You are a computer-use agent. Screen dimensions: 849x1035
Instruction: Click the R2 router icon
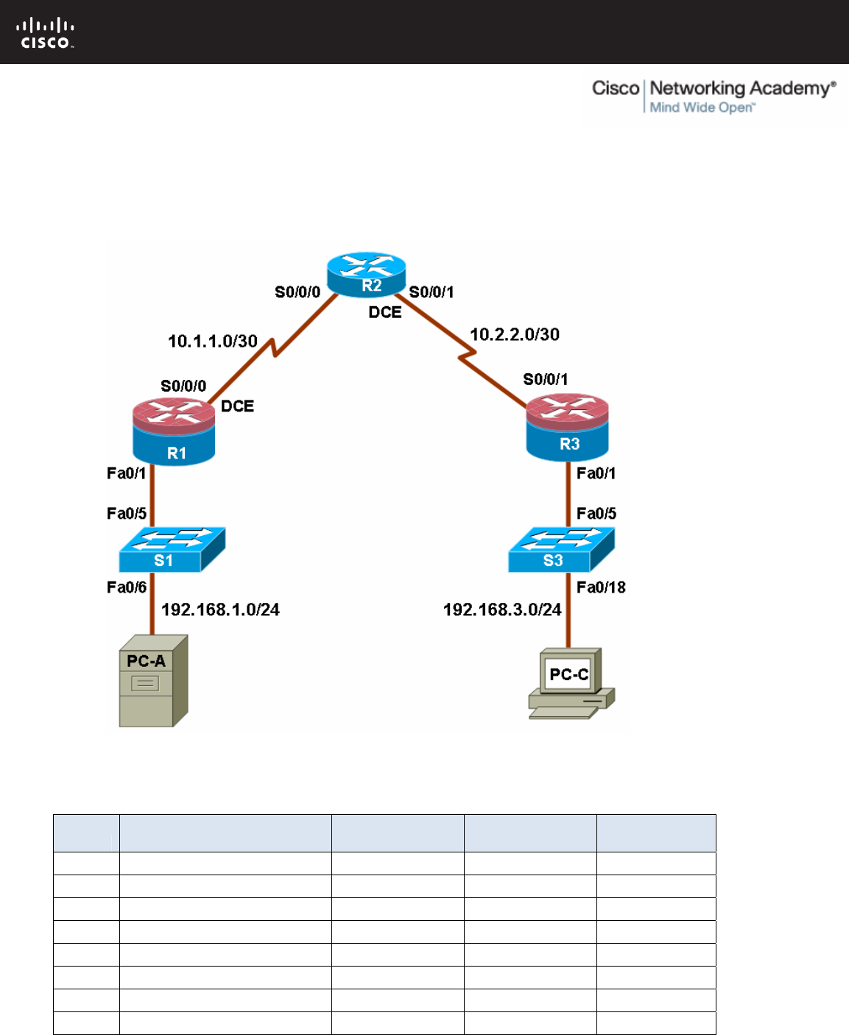click(x=366, y=275)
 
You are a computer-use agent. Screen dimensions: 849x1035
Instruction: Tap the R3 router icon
click(x=567, y=427)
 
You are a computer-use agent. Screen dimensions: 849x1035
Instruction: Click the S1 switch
click(x=172, y=549)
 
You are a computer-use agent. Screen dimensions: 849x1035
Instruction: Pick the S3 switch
click(x=561, y=549)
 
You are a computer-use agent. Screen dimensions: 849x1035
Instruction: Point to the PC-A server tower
click(x=153, y=681)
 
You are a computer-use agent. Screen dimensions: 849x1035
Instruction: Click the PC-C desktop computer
click(x=571, y=684)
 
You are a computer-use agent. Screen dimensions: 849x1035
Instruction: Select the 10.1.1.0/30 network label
click(x=213, y=341)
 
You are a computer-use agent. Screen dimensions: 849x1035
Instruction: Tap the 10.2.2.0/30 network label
click(x=515, y=334)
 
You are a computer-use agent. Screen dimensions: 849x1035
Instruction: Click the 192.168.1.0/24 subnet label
click(x=220, y=610)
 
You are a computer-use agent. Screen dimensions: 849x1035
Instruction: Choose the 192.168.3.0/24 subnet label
click(x=502, y=610)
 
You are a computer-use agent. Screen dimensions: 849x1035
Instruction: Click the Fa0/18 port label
click(x=601, y=587)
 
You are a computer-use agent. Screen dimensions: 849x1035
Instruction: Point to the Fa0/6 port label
click(x=127, y=587)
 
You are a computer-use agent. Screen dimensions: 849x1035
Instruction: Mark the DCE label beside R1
click(x=238, y=406)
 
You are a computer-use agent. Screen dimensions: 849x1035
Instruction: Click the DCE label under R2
click(x=385, y=312)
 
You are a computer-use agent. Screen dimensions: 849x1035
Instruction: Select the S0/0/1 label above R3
click(x=546, y=379)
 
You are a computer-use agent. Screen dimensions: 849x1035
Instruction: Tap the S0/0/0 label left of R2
click(x=297, y=292)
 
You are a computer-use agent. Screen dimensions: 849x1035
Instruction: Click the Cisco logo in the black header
click(x=46, y=33)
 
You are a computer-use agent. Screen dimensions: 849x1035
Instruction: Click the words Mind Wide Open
click(x=702, y=107)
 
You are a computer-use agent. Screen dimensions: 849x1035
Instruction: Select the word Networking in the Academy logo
click(x=698, y=89)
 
